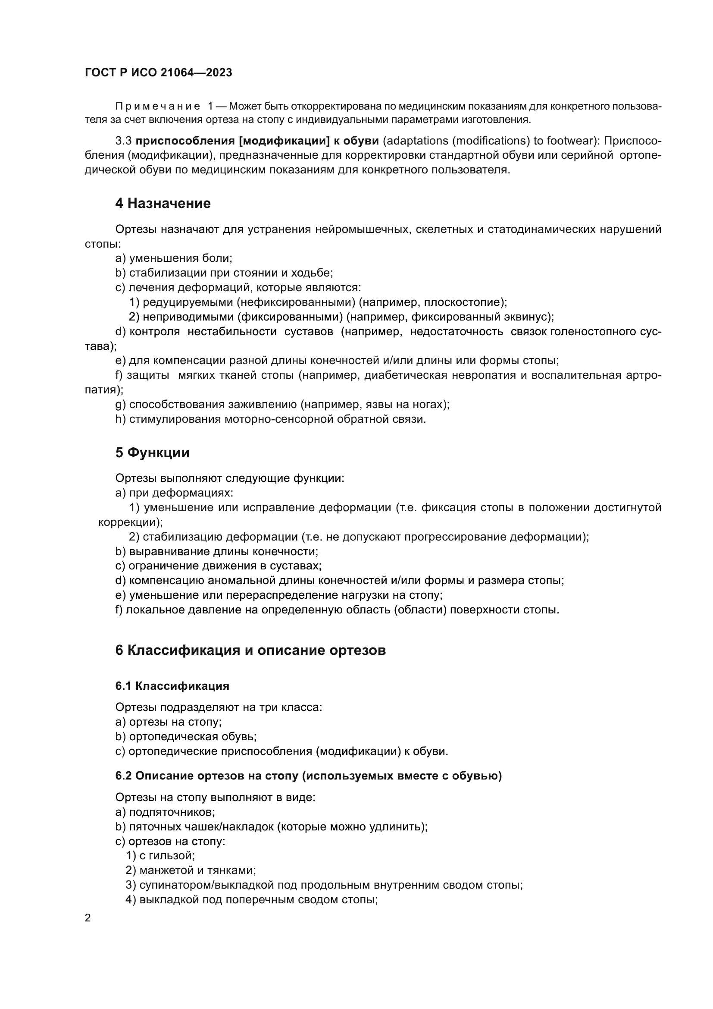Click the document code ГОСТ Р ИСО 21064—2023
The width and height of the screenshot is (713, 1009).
coord(158,73)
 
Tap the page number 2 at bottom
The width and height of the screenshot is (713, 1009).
coord(88,918)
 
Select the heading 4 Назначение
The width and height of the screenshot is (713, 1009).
coord(163,203)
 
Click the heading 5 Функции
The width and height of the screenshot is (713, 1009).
coord(152,452)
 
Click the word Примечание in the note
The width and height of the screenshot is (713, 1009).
coord(158,107)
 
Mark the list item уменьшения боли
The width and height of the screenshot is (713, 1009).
coord(173,258)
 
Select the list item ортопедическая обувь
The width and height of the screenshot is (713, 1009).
coord(186,736)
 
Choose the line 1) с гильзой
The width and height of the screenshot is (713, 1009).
coord(160,855)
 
